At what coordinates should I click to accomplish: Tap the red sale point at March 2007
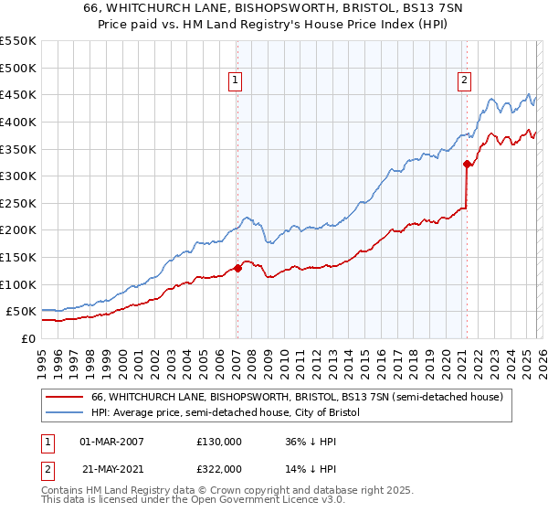pyautogui.click(x=237, y=268)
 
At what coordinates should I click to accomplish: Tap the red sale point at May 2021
pyautogui.click(x=467, y=165)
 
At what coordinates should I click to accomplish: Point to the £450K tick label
pyautogui.click(x=18, y=94)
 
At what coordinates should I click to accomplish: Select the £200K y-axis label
pyautogui.click(x=18, y=230)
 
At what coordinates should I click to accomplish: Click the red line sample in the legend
pyautogui.click(x=65, y=397)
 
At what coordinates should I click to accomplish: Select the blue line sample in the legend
pyautogui.click(x=65, y=413)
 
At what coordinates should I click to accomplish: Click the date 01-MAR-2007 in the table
pyautogui.click(x=111, y=441)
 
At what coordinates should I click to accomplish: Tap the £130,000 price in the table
pyautogui.click(x=218, y=441)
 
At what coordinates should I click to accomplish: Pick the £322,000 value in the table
pyautogui.click(x=218, y=468)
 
